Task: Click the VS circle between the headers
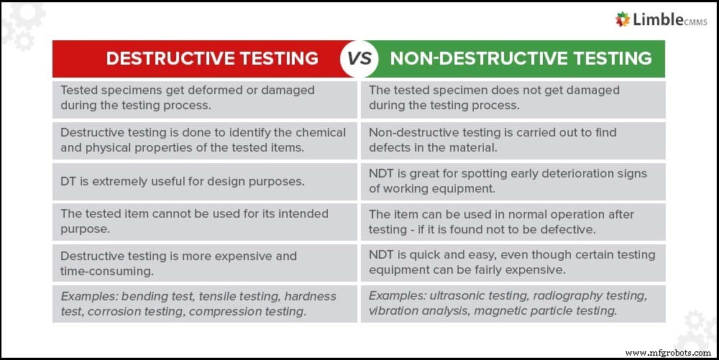(359, 58)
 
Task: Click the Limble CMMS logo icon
(623, 20)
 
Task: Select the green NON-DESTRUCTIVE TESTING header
(521, 58)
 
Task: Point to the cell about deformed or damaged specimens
(205, 98)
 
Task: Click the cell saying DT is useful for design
(205, 182)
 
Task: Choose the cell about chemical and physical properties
(205, 140)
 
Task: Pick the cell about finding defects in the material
(513, 140)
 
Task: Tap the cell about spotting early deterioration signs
(513, 182)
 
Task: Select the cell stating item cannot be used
(205, 221)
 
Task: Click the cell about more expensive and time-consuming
(205, 263)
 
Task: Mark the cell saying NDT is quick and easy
(513, 263)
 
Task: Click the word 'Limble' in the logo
(659, 20)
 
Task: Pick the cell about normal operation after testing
(513, 221)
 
